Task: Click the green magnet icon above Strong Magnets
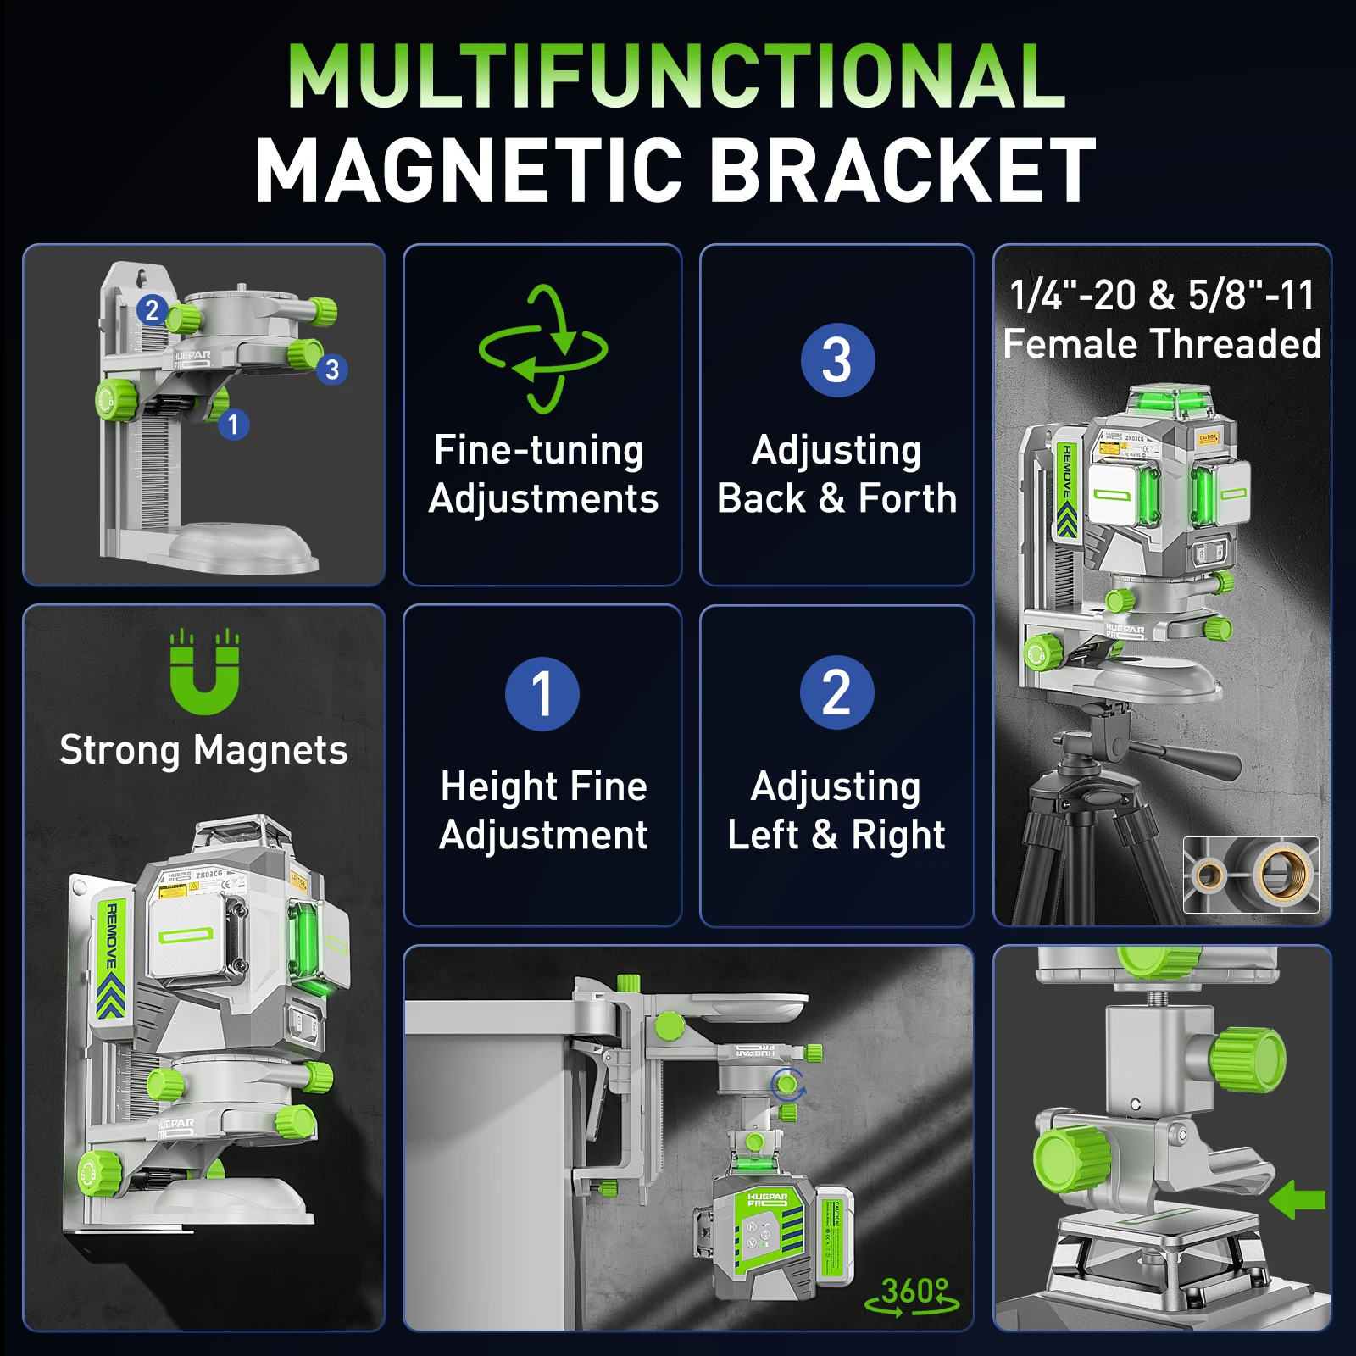click(x=204, y=674)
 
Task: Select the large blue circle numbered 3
click(x=836, y=360)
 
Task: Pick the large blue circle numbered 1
click(x=542, y=693)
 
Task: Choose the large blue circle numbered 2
click(x=836, y=692)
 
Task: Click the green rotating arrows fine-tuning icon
click(x=542, y=349)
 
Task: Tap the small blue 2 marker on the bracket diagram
click(x=152, y=310)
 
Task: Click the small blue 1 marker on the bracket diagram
click(x=233, y=424)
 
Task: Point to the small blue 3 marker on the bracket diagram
click(x=332, y=370)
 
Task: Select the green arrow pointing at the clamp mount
click(x=1298, y=1199)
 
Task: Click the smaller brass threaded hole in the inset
click(x=1209, y=875)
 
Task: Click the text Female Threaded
click(x=1162, y=344)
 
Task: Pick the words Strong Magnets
click(x=203, y=750)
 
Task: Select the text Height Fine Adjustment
click(x=543, y=810)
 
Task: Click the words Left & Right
click(x=836, y=835)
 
